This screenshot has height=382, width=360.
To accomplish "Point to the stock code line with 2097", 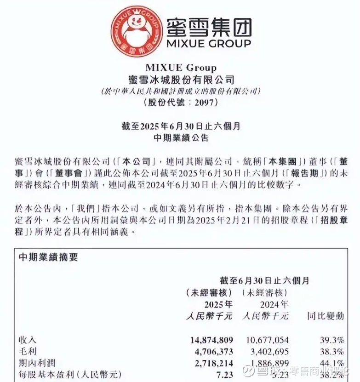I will (180, 103).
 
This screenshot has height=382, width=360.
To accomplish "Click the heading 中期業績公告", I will (180, 137).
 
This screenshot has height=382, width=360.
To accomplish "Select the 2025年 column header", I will (218, 304).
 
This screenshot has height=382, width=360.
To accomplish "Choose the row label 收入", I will (27, 340).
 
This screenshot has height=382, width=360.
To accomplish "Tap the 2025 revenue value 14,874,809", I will (211, 340).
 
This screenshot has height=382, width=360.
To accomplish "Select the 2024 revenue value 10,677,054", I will (266, 340).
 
